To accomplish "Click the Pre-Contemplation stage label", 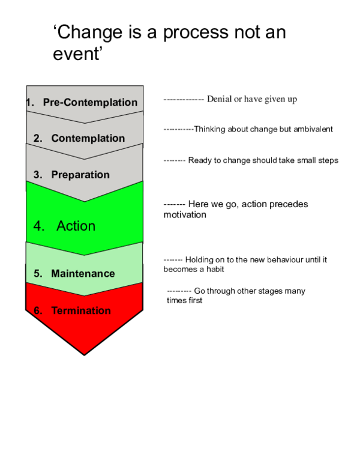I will (x=90, y=102).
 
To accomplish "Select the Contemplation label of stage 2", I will (x=88, y=138).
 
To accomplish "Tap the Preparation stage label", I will (x=80, y=175).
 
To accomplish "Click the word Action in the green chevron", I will (x=76, y=226).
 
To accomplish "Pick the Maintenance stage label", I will (x=83, y=273).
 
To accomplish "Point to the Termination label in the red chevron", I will (x=81, y=310).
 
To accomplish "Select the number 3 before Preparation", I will (x=38, y=175).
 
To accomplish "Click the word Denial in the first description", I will (x=219, y=99).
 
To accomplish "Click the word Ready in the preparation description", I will (x=200, y=160).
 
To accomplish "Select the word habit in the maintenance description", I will (x=214, y=269).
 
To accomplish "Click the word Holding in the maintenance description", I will (x=199, y=259).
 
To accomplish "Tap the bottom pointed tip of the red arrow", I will (x=84, y=353).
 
